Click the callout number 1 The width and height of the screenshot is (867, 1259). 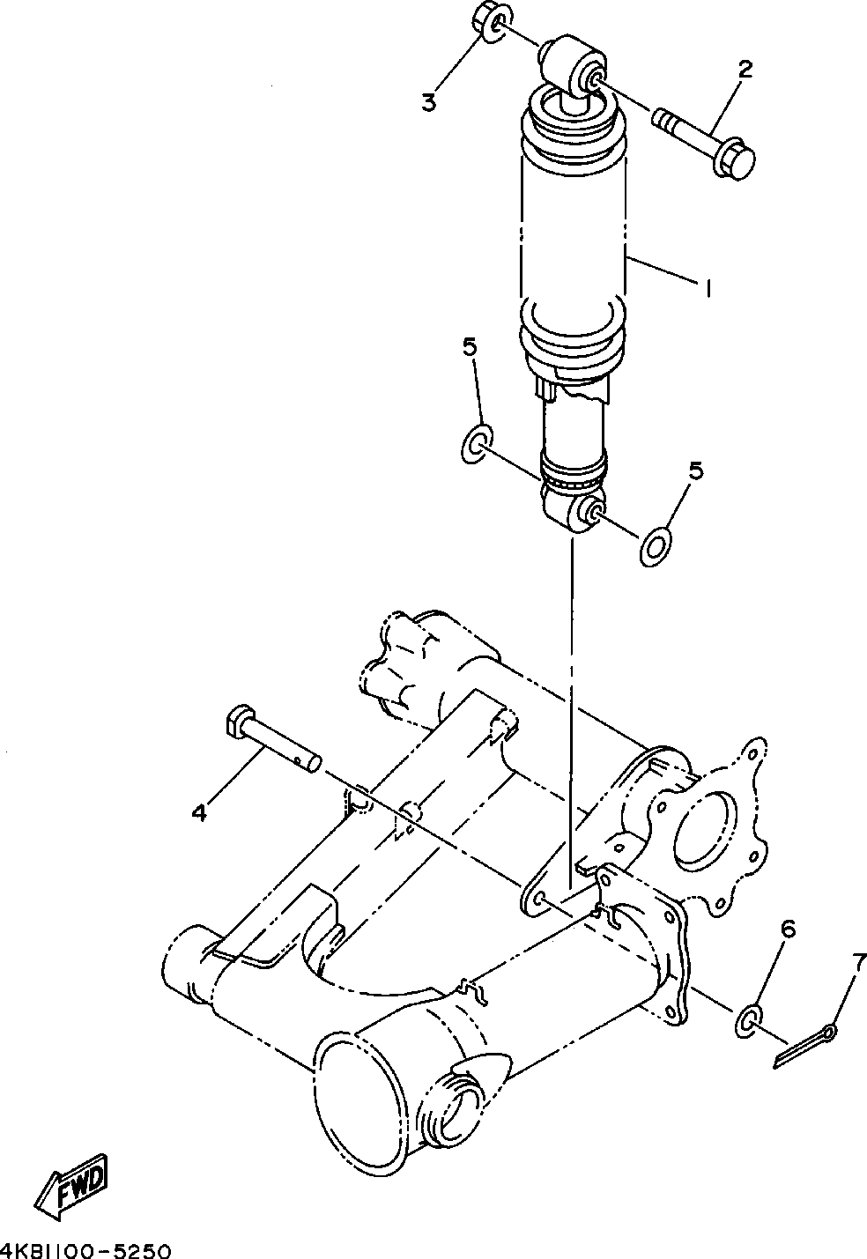(705, 288)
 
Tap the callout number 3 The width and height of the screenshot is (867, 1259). (429, 101)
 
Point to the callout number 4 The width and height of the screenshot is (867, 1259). (199, 812)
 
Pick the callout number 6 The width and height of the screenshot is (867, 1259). (789, 929)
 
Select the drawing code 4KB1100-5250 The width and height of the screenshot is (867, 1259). (85, 1250)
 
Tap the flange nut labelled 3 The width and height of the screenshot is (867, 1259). (488, 21)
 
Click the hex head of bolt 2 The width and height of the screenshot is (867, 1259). (736, 162)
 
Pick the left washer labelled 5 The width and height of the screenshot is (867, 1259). (477, 442)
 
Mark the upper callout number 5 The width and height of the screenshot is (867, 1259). (471, 346)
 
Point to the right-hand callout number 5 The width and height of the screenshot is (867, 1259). (696, 471)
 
